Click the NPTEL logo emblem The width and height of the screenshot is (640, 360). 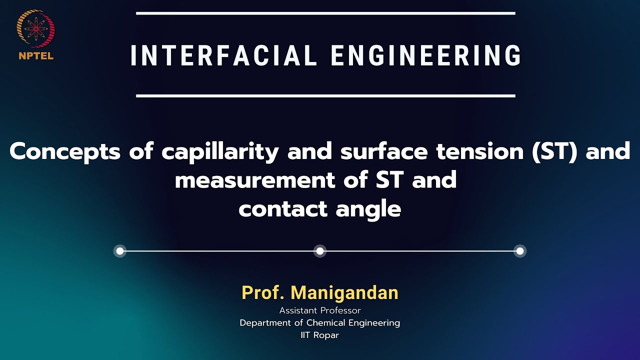35,29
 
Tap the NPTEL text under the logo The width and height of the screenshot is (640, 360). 35,56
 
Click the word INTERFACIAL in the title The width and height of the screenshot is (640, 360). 223,55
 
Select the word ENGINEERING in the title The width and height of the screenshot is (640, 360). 426,55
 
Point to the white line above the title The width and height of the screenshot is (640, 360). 325,13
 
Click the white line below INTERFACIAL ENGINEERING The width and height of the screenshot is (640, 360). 325,95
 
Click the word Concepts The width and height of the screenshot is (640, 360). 65,151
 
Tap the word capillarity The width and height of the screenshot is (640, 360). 220,151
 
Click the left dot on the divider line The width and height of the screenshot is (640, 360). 119,251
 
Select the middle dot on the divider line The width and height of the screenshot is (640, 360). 320,251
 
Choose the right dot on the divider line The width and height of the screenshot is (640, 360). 520,251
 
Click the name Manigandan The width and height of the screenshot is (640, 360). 344,292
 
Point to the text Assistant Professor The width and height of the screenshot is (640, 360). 320,310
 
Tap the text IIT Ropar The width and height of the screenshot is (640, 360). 320,335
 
